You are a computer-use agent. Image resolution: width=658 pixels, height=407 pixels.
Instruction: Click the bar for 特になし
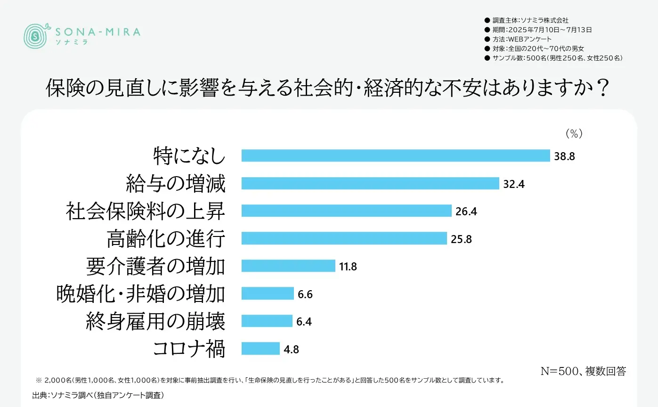tap(396, 155)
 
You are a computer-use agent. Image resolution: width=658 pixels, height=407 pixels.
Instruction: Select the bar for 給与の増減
tap(370, 183)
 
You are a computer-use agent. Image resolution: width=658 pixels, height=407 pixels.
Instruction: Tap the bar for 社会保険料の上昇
tap(347, 211)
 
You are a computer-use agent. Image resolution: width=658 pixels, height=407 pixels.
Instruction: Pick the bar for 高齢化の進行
tap(344, 238)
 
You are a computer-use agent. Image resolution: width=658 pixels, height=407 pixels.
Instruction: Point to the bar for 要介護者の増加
tap(288, 266)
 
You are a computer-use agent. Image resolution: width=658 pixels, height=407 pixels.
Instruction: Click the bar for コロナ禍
tap(260, 349)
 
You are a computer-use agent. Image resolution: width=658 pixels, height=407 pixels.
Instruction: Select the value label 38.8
tap(564, 156)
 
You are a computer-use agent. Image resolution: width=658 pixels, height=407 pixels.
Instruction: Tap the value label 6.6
tap(305, 294)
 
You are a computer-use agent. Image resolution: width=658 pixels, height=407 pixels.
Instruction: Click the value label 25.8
tap(461, 239)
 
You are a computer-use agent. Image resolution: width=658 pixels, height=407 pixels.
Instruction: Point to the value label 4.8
tap(292, 350)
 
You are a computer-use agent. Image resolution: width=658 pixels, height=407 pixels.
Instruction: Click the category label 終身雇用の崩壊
tap(156, 321)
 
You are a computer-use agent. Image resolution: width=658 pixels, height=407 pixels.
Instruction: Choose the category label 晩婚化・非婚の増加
tap(140, 293)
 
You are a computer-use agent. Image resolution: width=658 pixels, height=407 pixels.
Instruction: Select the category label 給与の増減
tap(176, 183)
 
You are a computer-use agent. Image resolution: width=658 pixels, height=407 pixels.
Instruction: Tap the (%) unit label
tap(574, 134)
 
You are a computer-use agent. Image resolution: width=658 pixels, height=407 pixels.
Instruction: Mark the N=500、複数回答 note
tap(583, 371)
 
